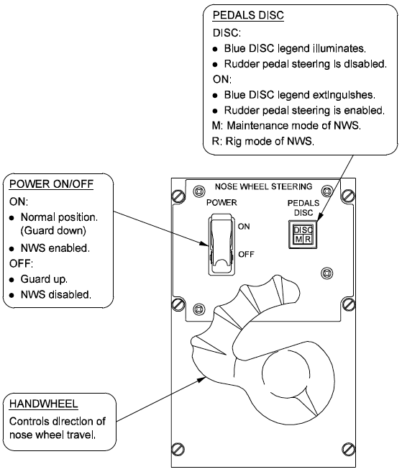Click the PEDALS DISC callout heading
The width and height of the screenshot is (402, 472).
click(x=248, y=15)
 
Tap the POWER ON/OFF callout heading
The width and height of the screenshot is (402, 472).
click(x=52, y=184)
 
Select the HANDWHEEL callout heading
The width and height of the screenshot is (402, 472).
click(x=44, y=404)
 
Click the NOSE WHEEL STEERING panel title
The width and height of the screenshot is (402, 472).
click(x=264, y=186)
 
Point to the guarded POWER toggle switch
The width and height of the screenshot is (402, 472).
click(x=221, y=245)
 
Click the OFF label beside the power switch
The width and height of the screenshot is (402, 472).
click(x=246, y=255)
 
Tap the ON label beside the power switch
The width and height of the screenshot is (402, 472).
click(x=244, y=227)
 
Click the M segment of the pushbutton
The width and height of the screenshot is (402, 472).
click(x=298, y=240)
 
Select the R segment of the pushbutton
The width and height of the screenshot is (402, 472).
click(x=308, y=240)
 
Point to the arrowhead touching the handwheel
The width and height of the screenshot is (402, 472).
click(x=201, y=379)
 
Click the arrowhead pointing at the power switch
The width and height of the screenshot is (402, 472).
click(x=204, y=243)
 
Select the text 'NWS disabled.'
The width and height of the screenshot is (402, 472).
click(x=55, y=295)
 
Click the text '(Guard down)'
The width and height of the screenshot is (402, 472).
click(x=53, y=231)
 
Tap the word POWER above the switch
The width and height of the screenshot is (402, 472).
click(x=221, y=203)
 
